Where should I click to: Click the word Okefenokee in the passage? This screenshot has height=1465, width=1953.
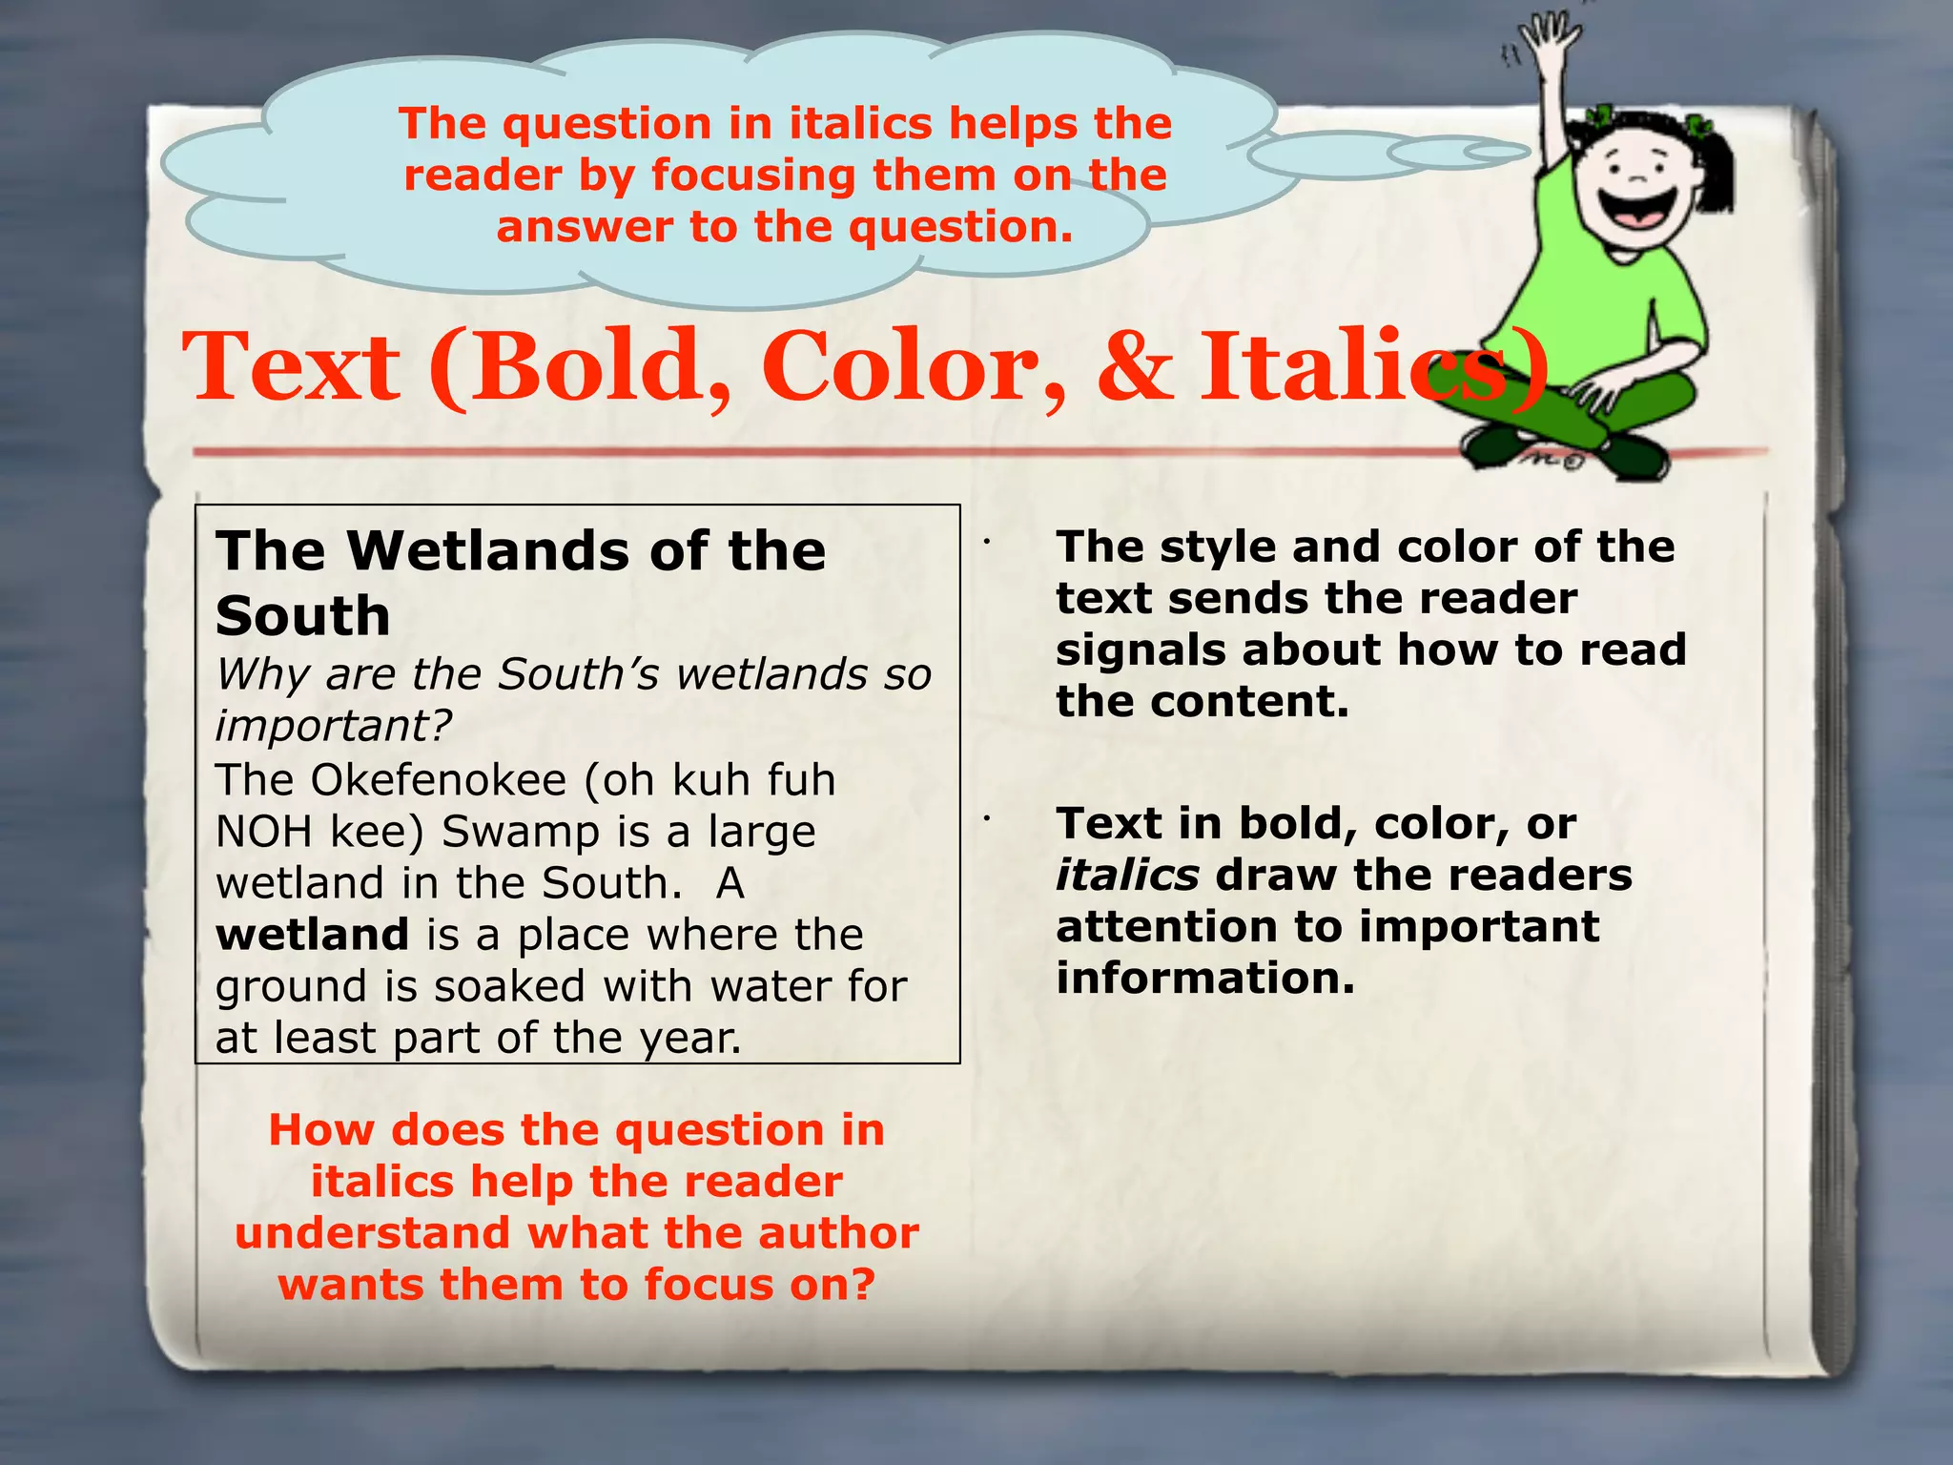[438, 780]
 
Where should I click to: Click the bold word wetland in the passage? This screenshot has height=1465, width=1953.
[312, 935]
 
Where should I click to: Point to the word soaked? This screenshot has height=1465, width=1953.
[510, 986]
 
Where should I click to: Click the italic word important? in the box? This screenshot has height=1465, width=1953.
[333, 726]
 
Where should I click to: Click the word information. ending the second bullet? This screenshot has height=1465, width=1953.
[1204, 979]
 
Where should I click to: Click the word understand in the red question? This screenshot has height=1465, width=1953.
[372, 1233]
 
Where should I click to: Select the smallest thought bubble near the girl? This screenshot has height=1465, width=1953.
[1496, 151]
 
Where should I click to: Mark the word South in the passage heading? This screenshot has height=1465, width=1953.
[303, 616]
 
